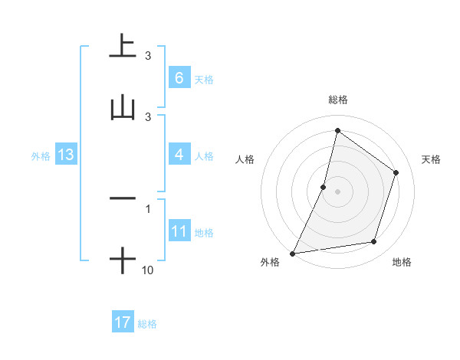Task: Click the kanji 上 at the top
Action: (122, 46)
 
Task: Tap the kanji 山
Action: (122, 108)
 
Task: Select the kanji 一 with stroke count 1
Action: (122, 198)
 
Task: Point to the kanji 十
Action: (122, 261)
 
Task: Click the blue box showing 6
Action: (179, 77)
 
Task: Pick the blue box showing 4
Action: (179, 155)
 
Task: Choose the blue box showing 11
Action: (179, 231)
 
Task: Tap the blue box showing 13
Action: (66, 155)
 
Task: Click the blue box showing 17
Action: (123, 322)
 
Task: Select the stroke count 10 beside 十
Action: (148, 270)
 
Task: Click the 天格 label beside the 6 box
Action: (204, 79)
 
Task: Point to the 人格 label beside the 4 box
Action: (204, 156)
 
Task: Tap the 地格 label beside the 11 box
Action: (204, 233)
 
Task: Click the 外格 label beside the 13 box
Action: (41, 156)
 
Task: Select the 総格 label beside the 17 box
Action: (147, 324)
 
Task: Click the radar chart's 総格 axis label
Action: (338, 100)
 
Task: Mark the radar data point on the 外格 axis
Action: (293, 253)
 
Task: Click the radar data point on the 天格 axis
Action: (396, 172)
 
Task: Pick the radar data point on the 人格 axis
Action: (324, 187)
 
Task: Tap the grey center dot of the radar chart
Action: (338, 191)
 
